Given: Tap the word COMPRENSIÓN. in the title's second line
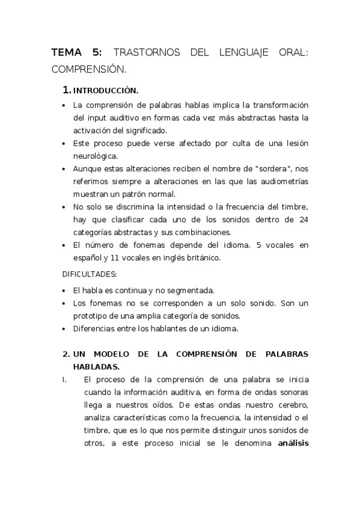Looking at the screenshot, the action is point(89,69).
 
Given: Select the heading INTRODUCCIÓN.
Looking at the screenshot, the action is point(106,91).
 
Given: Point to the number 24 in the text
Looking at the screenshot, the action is point(304,220).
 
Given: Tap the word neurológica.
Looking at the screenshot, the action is point(96,155).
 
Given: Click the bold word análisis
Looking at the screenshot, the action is point(293,443).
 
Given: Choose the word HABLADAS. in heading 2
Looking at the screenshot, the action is point(97,366).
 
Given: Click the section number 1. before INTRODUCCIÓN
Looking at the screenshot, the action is point(67,91).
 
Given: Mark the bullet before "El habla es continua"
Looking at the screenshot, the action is point(65,290).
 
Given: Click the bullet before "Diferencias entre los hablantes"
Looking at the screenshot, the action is point(65,329).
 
